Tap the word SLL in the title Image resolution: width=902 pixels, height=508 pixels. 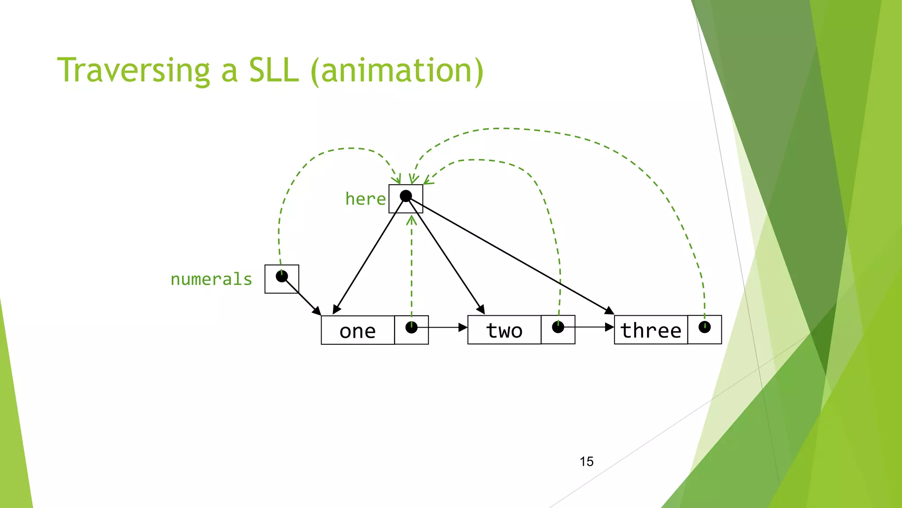click(274, 71)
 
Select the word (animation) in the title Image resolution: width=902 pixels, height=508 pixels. click(397, 71)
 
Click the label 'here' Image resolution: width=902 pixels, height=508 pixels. click(365, 199)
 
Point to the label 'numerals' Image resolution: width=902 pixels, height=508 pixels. click(211, 279)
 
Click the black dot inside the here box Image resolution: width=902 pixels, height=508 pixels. click(406, 196)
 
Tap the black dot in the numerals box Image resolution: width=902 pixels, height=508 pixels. click(281, 276)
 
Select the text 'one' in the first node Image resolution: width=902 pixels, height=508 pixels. click(357, 331)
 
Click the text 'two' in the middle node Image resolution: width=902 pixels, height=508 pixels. click(504, 330)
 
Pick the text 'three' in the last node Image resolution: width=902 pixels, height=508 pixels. click(651, 330)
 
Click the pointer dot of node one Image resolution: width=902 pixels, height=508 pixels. click(411, 328)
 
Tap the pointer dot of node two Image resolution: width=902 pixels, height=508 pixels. click(558, 327)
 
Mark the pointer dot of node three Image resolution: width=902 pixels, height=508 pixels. click(704, 327)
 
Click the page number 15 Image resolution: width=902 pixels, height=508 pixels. click(586, 461)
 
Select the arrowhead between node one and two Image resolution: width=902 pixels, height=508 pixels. click(463, 327)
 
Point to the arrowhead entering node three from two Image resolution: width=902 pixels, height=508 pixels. click(610, 327)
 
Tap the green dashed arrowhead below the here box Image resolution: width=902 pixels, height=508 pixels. click(411, 220)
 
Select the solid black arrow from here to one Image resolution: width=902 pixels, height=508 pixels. click(370, 254)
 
